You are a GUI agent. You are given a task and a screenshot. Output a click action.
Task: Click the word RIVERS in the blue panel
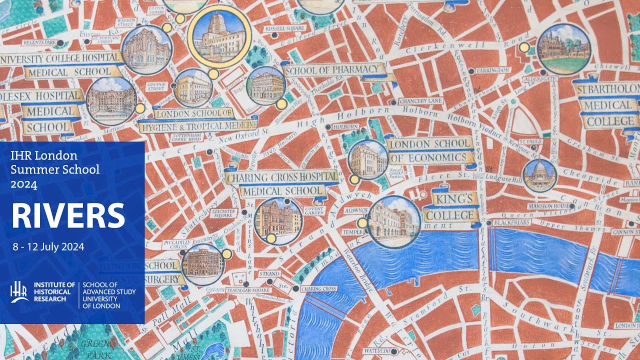[x=68, y=215]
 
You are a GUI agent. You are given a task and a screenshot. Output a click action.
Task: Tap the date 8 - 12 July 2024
[x=49, y=246]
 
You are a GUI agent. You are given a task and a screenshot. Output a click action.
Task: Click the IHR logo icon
[x=19, y=292]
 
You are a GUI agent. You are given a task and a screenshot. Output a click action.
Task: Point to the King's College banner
[x=448, y=207]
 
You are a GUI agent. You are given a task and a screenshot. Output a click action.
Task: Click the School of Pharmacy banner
[x=334, y=70]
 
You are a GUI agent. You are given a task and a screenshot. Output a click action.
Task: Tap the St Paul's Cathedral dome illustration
[x=539, y=175]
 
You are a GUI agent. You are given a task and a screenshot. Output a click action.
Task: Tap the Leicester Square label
[x=225, y=214]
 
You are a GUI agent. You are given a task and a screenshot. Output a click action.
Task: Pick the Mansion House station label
[x=549, y=206]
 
